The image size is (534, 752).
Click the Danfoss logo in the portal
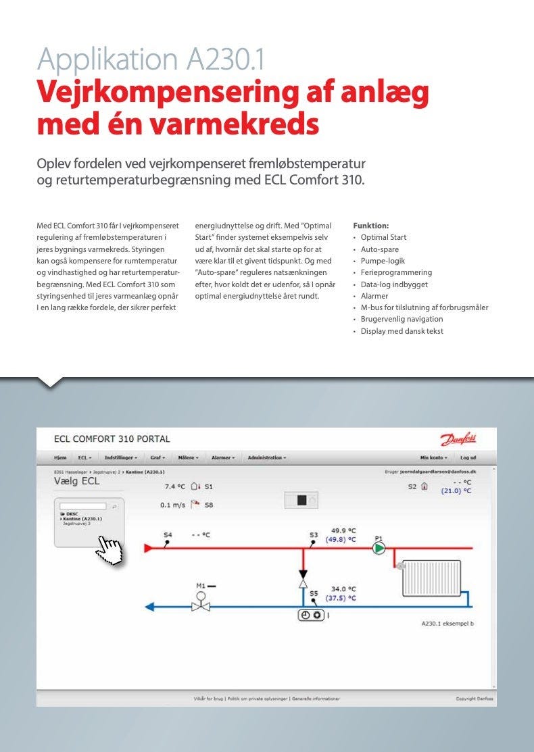(x=459, y=440)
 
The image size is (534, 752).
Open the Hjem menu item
(x=60, y=457)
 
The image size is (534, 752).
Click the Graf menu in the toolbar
(x=157, y=457)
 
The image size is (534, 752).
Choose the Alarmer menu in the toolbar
(x=222, y=457)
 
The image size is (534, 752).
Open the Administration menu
(x=266, y=457)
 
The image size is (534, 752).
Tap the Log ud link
(x=468, y=457)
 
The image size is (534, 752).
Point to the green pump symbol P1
(x=379, y=548)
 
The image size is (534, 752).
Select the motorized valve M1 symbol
(x=200, y=601)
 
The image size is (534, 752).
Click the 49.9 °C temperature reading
(x=343, y=530)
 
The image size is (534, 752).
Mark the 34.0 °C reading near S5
(x=343, y=589)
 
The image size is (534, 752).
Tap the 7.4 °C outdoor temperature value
(x=175, y=486)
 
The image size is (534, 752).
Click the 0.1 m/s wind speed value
(x=173, y=504)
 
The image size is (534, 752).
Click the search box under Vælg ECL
(x=82, y=505)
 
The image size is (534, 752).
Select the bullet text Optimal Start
(x=383, y=237)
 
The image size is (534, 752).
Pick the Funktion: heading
(x=371, y=226)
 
